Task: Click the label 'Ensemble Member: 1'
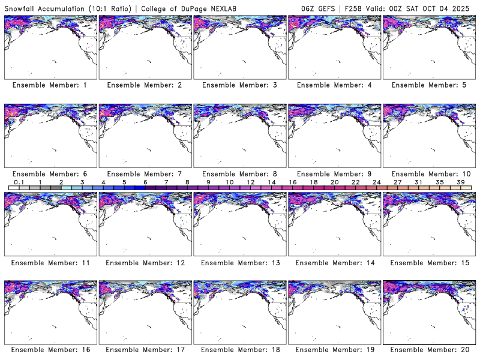(50, 85)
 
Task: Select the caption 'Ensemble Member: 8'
(239, 174)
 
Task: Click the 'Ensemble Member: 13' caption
(239, 263)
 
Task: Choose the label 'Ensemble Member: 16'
(50, 350)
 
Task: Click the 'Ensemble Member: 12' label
(145, 263)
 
